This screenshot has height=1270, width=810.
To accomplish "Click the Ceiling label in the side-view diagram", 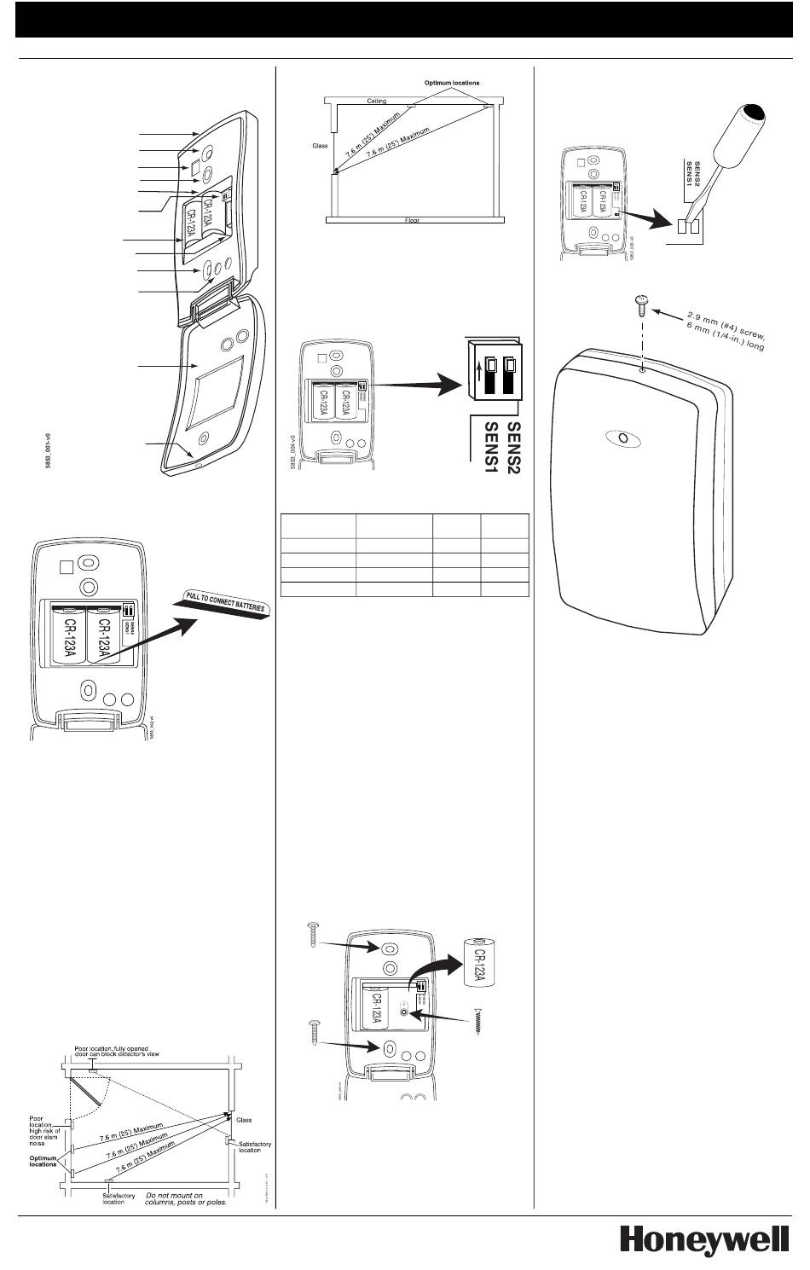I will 377,101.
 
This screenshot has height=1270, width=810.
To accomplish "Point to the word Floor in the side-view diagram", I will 412,220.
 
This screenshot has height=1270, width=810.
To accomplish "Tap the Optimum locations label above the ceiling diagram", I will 452,83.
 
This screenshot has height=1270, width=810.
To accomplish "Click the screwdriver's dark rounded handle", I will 755,117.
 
